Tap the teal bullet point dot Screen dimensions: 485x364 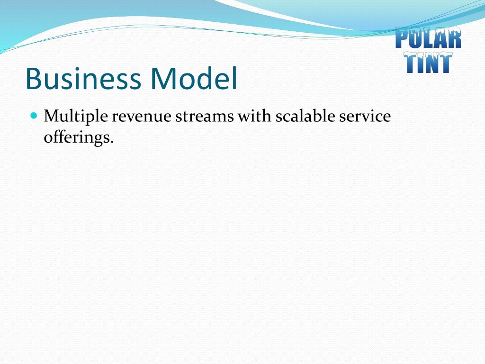click(x=34, y=116)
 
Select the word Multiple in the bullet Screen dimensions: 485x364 click(x=76, y=117)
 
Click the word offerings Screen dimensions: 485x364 click(x=77, y=137)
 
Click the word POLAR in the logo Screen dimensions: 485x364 click(x=428, y=38)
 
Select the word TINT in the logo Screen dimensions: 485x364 click(x=428, y=62)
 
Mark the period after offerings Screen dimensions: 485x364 click(x=112, y=142)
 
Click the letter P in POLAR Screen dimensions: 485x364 click(x=402, y=38)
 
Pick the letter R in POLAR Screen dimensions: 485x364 click(x=454, y=38)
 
